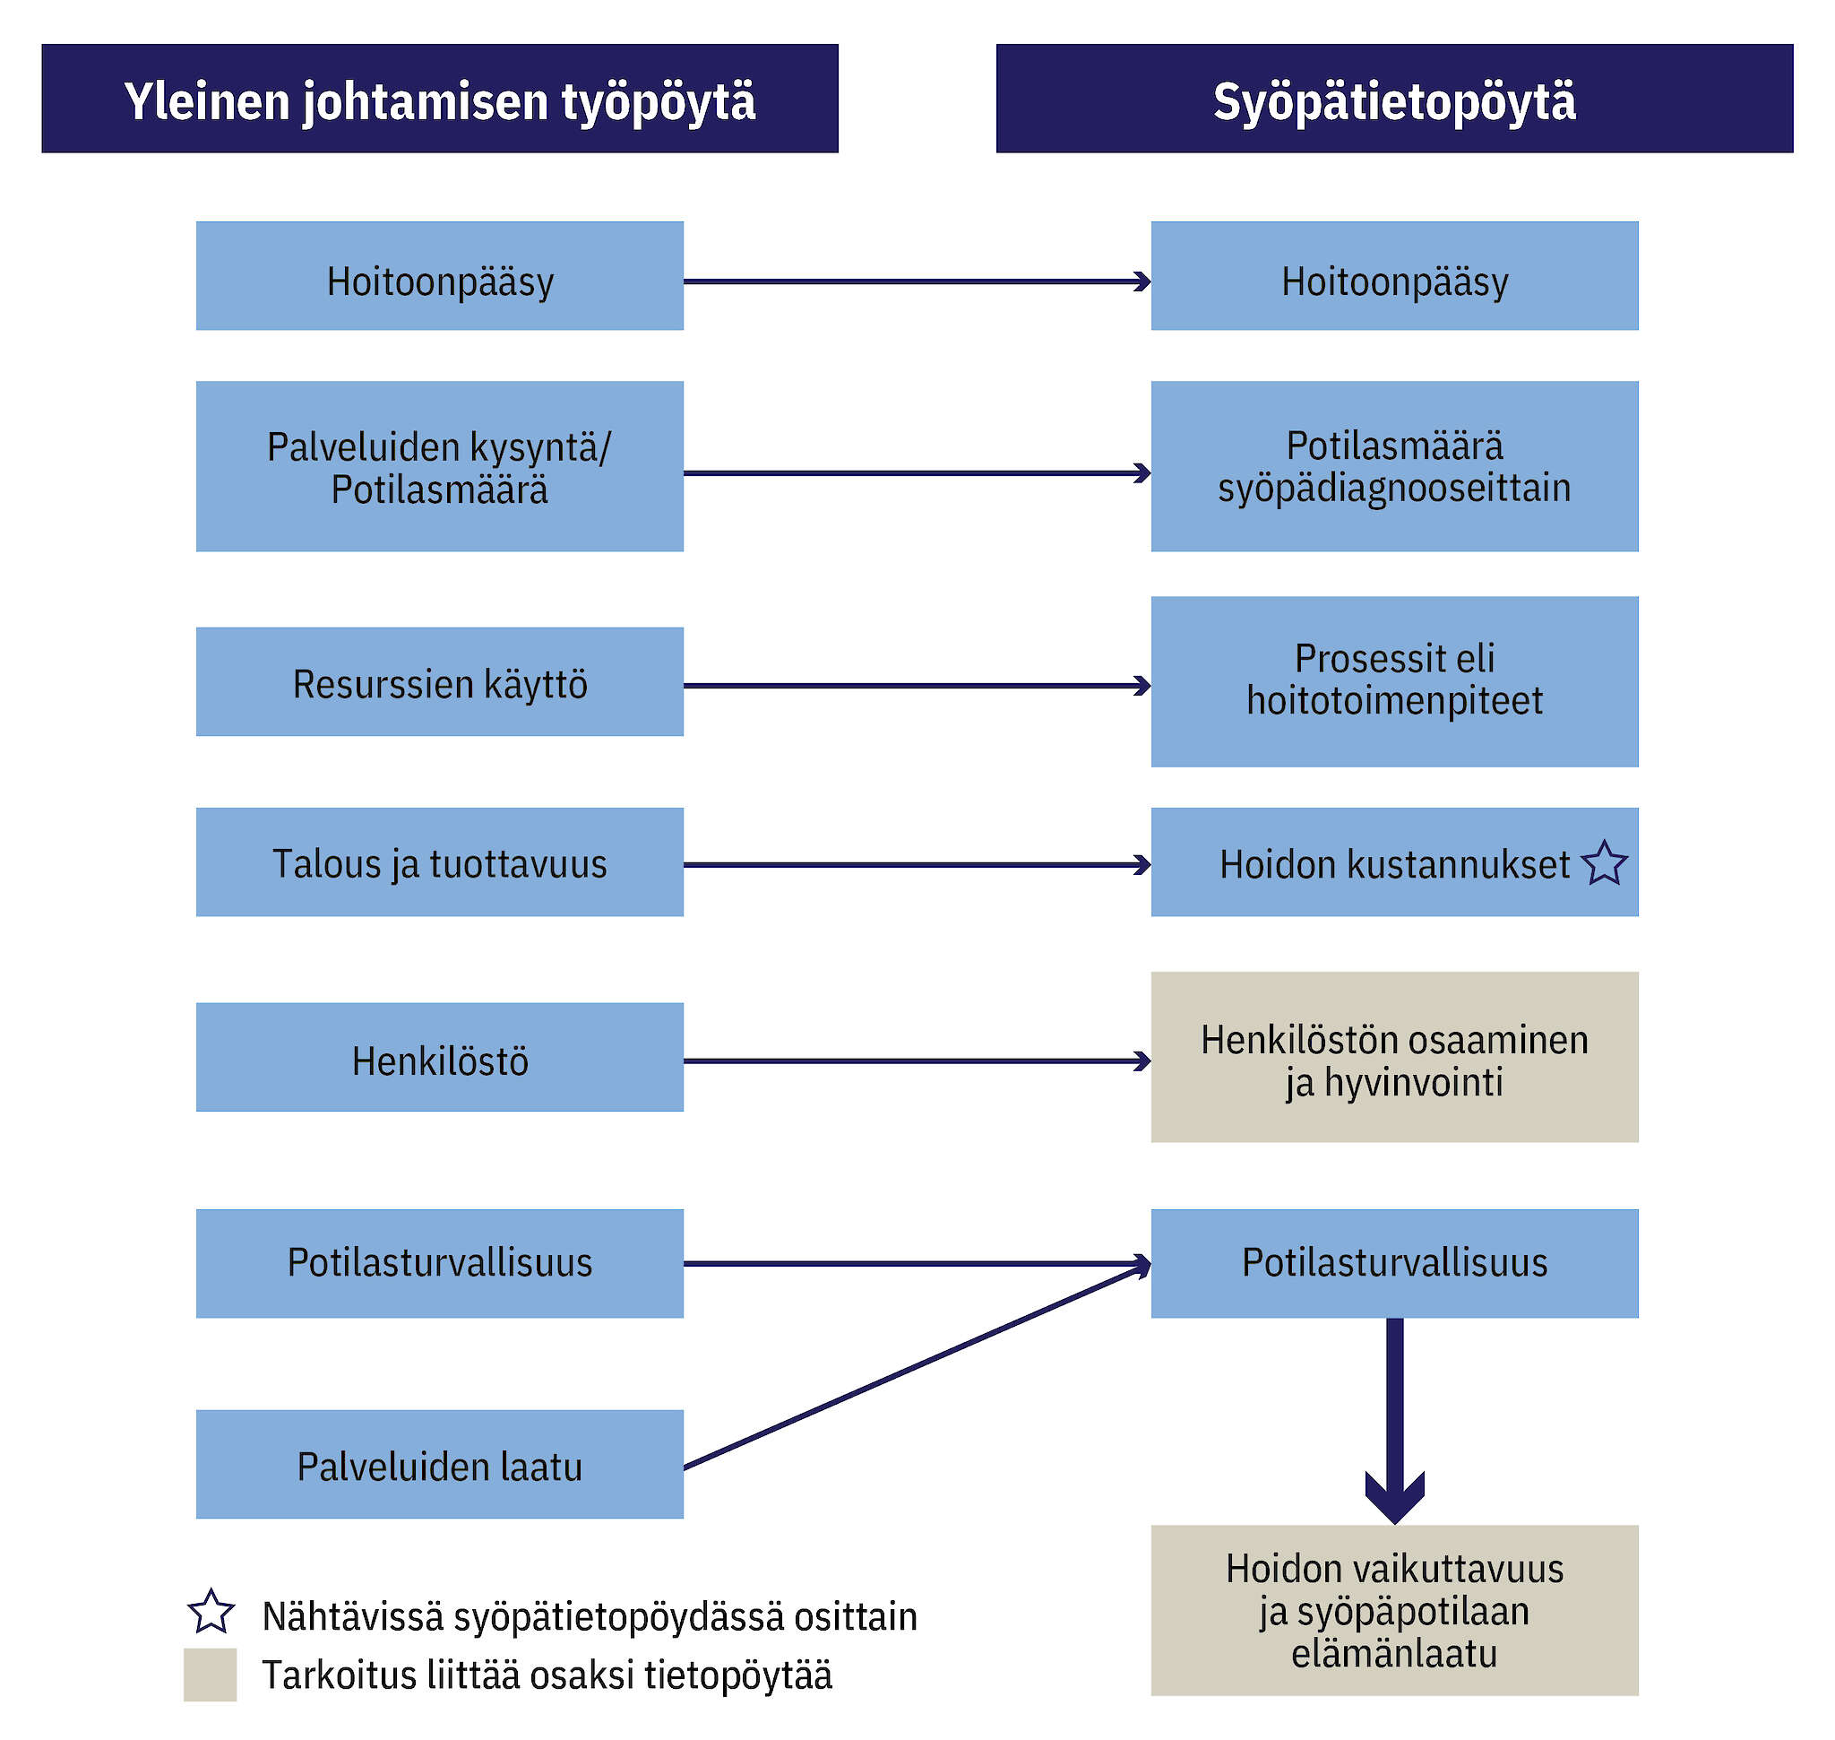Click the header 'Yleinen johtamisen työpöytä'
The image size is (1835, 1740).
click(x=440, y=100)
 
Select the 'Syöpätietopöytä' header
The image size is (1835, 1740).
click(x=1393, y=100)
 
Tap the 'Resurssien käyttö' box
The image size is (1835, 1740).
click(x=440, y=683)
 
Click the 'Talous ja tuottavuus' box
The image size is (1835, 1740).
click(x=440, y=862)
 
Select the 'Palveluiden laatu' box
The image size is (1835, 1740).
click(x=440, y=1465)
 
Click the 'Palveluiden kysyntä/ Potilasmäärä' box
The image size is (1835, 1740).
click(x=440, y=466)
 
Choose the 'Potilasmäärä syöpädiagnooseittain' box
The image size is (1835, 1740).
click(x=1393, y=466)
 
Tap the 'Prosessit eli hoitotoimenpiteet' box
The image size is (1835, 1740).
click(x=1393, y=681)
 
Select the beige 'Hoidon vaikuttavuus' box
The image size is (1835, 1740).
click(x=1393, y=1611)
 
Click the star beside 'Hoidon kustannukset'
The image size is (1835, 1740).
click(x=1604, y=863)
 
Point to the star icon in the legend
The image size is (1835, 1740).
click(x=211, y=1613)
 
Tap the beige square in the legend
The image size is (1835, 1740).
click(x=211, y=1675)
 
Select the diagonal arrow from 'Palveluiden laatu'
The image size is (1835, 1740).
click(x=918, y=1366)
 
